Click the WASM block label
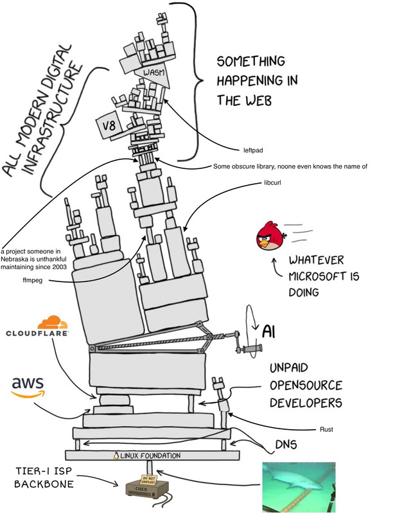click(155, 73)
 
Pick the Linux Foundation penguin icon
click(117, 456)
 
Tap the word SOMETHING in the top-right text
click(250, 62)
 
